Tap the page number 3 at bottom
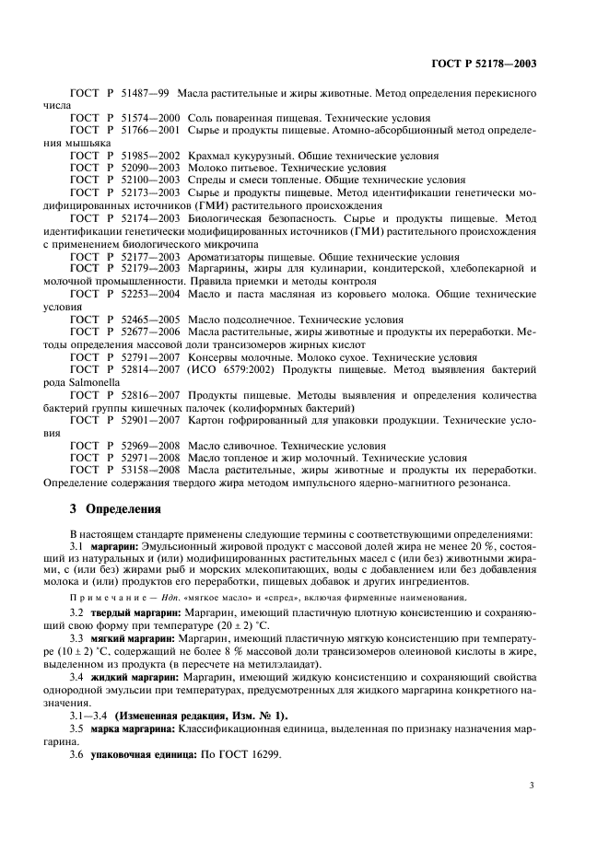(532, 786)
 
